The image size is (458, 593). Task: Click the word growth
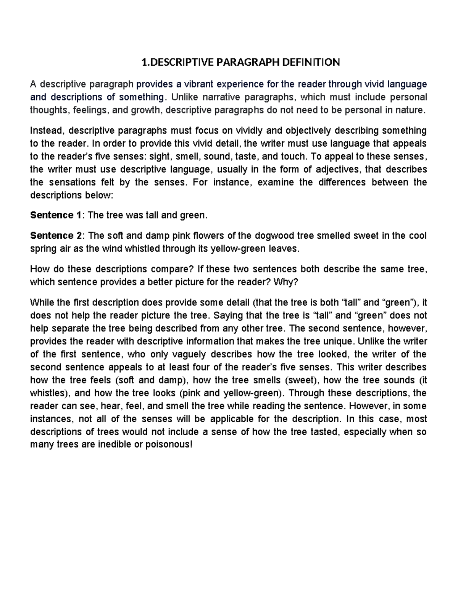pos(148,110)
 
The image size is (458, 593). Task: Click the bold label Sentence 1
pos(56,215)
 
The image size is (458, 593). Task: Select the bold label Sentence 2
pos(56,236)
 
